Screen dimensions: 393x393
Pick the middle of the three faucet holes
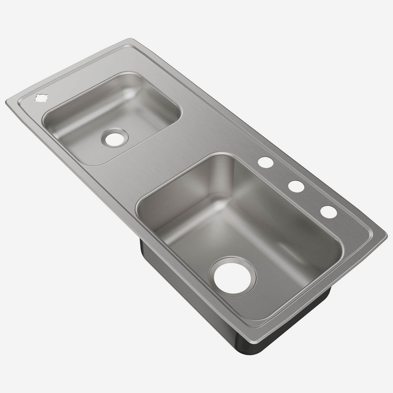coord(296,186)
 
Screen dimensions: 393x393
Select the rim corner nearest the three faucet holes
coord(385,233)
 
